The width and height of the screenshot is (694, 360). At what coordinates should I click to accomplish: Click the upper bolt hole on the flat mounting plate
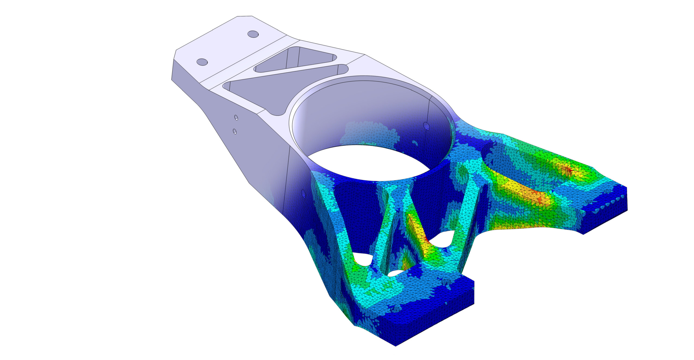(253, 34)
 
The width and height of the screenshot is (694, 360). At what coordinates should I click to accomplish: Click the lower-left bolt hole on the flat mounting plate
(202, 62)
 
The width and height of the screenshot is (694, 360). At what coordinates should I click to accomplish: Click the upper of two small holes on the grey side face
(236, 117)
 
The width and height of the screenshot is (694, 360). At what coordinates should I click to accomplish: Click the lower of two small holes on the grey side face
(235, 131)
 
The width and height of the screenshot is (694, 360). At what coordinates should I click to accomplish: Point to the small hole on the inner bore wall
(426, 126)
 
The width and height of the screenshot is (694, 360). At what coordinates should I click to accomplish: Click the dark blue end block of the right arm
(605, 217)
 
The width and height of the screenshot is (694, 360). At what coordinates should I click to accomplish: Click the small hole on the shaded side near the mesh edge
(303, 193)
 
